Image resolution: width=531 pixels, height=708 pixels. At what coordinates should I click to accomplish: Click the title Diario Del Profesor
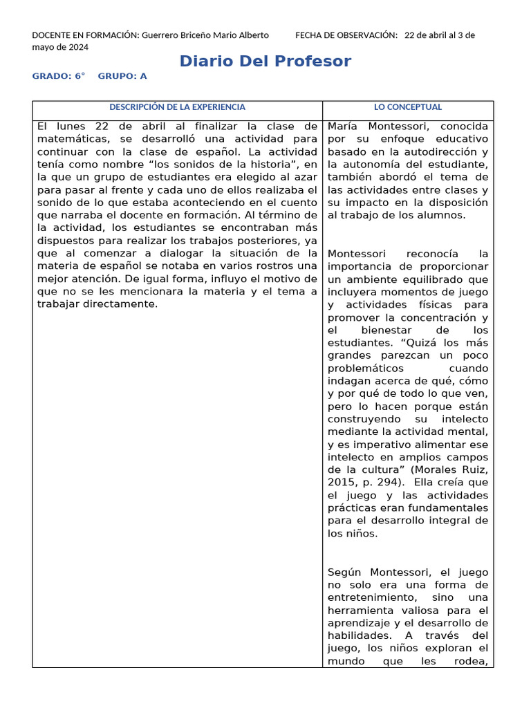[x=265, y=62]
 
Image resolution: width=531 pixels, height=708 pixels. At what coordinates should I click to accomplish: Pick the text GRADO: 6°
[x=59, y=77]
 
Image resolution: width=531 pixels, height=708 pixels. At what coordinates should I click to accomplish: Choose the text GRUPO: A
[x=122, y=77]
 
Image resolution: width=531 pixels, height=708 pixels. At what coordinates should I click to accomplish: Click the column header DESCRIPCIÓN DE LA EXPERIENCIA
[x=177, y=107]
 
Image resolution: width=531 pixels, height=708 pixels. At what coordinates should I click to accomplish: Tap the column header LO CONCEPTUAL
[x=408, y=107]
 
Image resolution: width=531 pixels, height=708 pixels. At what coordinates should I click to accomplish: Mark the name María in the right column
[x=344, y=127]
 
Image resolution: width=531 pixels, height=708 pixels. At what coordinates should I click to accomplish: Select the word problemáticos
[x=366, y=368]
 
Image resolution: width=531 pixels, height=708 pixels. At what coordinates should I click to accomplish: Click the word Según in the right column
[x=346, y=572]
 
